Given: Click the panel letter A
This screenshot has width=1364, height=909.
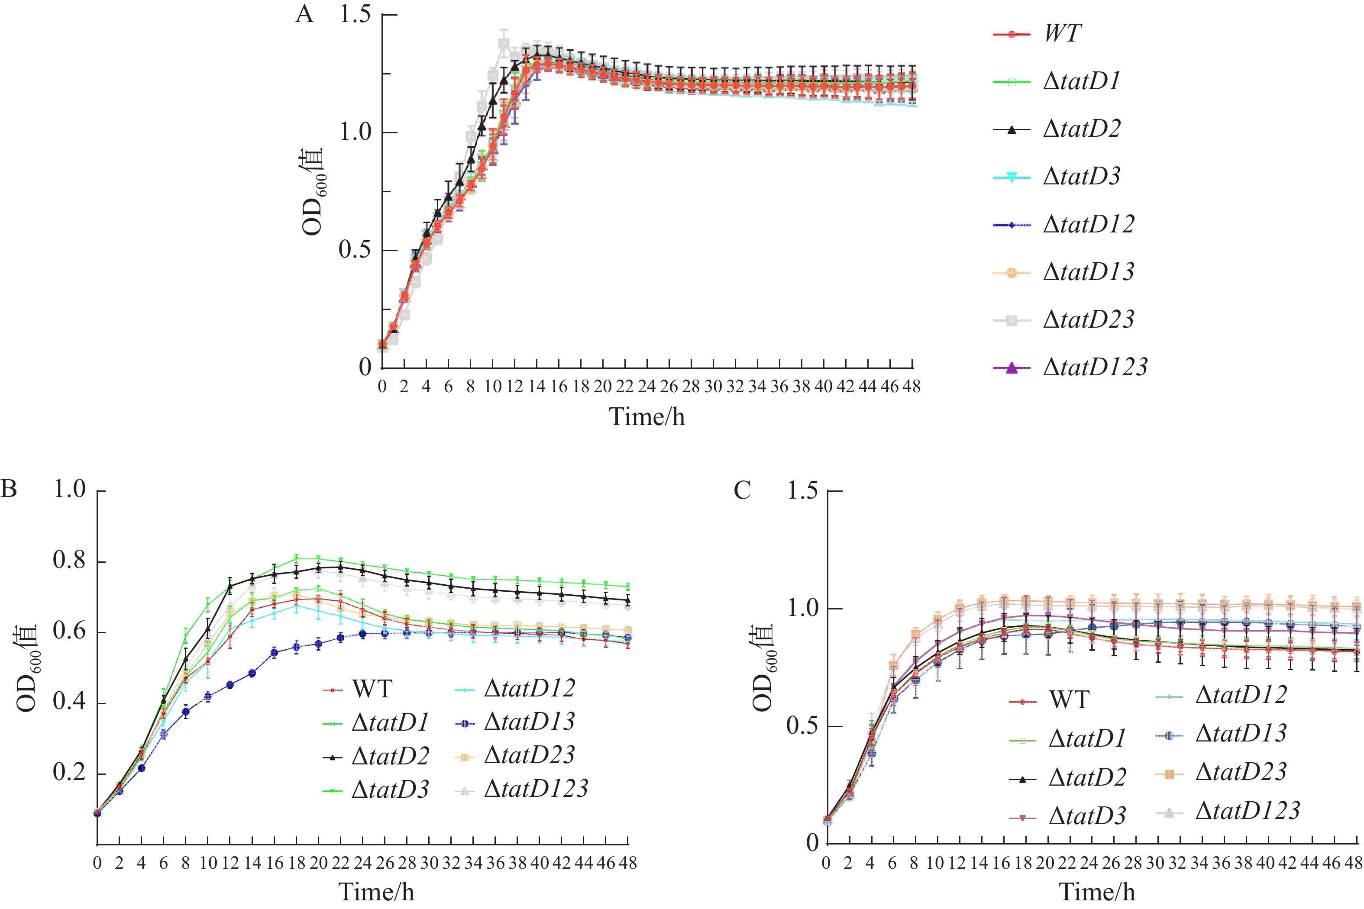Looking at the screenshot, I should (304, 14).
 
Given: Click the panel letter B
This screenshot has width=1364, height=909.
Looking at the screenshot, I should (9, 489).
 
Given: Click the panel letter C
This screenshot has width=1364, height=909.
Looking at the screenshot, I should (742, 490).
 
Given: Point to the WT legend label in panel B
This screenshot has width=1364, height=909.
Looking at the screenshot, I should (372, 689).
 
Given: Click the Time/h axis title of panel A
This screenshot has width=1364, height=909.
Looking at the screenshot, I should (646, 417).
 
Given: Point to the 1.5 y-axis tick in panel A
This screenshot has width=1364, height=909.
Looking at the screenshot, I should (355, 14).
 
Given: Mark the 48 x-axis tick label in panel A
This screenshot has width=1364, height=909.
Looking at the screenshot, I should (911, 387).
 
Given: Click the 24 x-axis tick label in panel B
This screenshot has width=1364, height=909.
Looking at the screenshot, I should (362, 863).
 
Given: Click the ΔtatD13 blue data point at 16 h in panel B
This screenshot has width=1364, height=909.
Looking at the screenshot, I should (274, 652).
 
